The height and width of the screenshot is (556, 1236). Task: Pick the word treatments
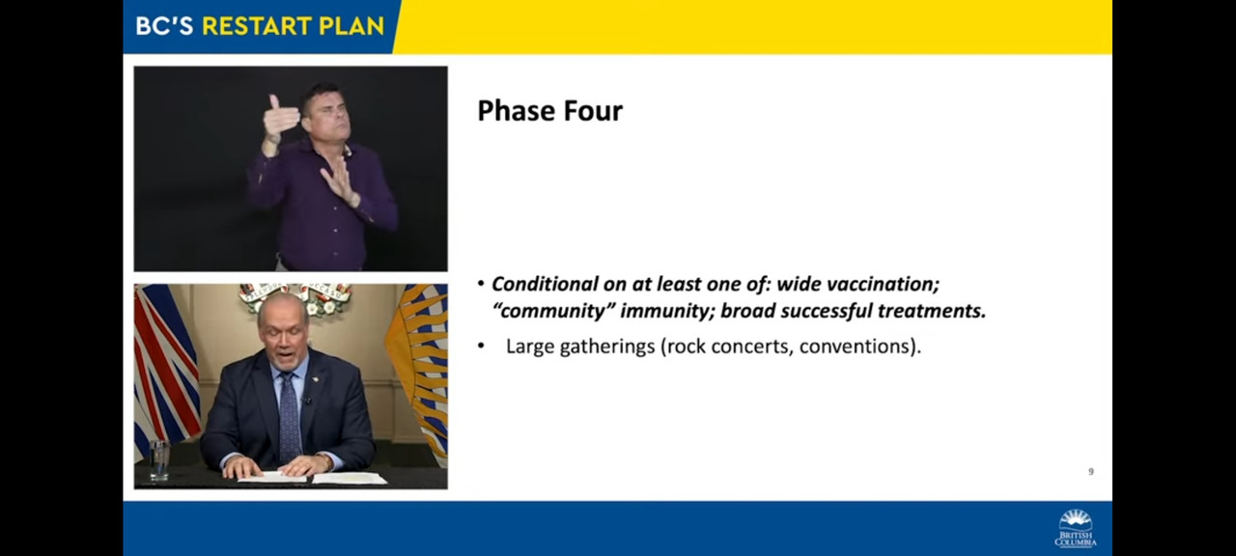932,311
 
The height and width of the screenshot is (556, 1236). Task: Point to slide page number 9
1091,472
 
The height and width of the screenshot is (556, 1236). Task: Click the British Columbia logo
1076,528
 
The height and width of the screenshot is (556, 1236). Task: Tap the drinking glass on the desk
159,460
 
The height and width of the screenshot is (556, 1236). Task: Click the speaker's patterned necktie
290,418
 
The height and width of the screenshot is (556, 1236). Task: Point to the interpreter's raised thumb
273,102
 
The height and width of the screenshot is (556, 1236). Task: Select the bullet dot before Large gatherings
481,347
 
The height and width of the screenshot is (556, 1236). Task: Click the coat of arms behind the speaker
295,298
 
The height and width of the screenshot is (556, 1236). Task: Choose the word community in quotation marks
552,311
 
